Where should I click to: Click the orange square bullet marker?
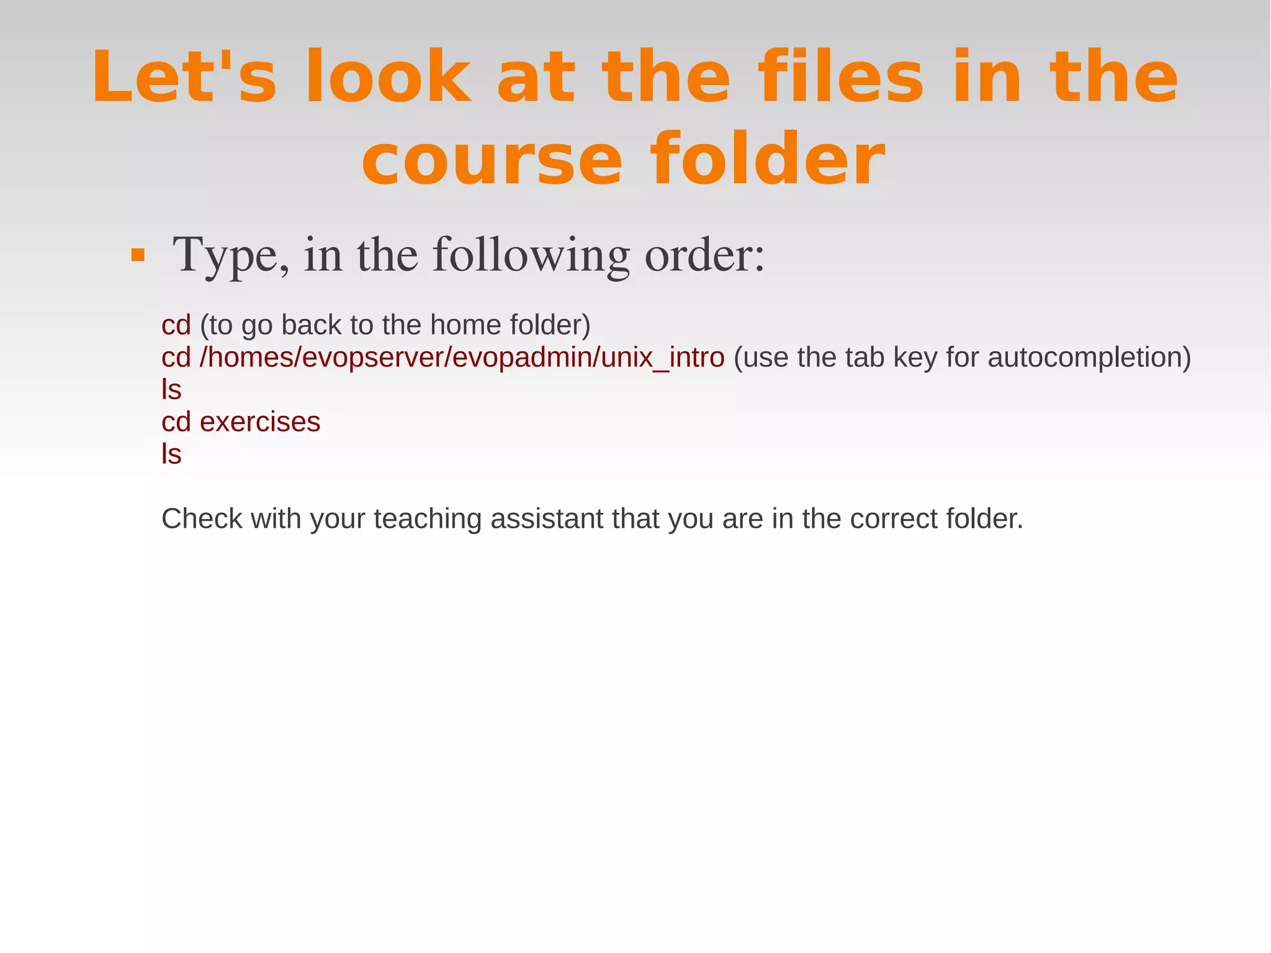[138, 255]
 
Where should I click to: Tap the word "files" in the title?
[842, 78]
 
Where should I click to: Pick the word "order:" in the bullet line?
[704, 255]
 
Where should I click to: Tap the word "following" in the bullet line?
[531, 255]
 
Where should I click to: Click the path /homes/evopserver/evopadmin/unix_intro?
[462, 358]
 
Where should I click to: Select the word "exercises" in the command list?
[260, 422]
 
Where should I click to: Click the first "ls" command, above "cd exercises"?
[171, 390]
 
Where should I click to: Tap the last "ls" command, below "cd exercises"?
[171, 454]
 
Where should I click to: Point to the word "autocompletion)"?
[1089, 358]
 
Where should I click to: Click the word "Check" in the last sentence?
[201, 519]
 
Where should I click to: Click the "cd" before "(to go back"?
[176, 325]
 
